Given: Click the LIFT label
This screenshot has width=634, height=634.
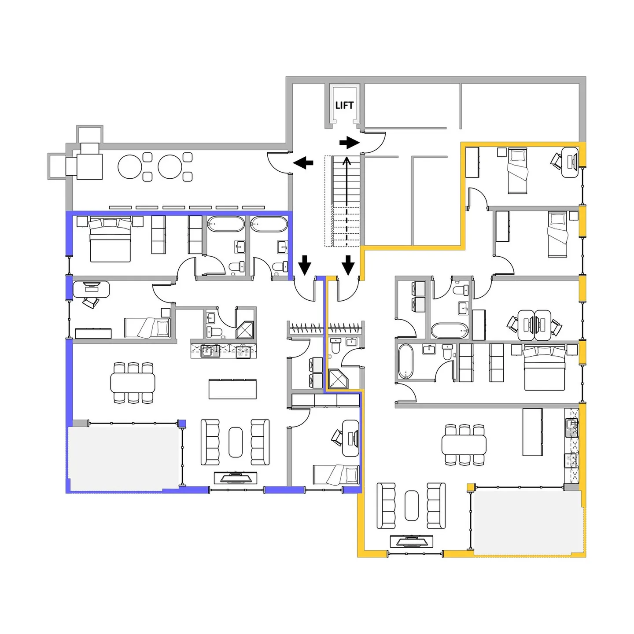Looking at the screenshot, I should (344, 105).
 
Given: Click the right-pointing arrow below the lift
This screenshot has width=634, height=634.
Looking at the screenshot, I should (350, 143).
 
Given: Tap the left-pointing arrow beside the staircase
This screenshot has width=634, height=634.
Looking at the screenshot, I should (303, 163).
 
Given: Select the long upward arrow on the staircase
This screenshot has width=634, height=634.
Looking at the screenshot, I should (347, 200).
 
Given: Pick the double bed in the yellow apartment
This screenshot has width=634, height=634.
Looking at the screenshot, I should (544, 368).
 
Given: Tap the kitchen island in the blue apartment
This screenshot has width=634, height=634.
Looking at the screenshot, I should (232, 389).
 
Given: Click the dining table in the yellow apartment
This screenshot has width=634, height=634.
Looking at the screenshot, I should (464, 445).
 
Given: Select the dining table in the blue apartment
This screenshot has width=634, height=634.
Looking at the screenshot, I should (133, 383).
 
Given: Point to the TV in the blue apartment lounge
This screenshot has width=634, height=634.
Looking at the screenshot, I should (235, 478).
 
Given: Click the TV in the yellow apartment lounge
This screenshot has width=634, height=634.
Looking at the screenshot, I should (412, 541).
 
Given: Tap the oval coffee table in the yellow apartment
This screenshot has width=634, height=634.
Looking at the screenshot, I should (412, 505).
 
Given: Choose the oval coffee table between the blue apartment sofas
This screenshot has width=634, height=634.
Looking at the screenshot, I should (236, 442).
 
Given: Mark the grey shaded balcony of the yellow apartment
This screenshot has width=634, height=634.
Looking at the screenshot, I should (527, 521).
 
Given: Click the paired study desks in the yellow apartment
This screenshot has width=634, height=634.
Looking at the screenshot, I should (534, 325).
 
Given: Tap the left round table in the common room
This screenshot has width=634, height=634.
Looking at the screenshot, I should (130, 167).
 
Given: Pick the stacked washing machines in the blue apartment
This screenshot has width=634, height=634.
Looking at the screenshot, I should (316, 372).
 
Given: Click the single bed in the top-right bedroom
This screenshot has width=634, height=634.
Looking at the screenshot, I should (517, 171).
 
